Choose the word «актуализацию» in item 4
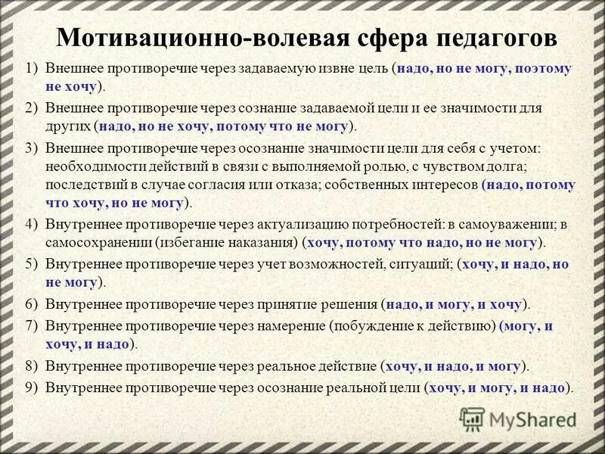pyautogui.click(x=311, y=225)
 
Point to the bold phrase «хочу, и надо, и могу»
pyautogui.click(x=454, y=366)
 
